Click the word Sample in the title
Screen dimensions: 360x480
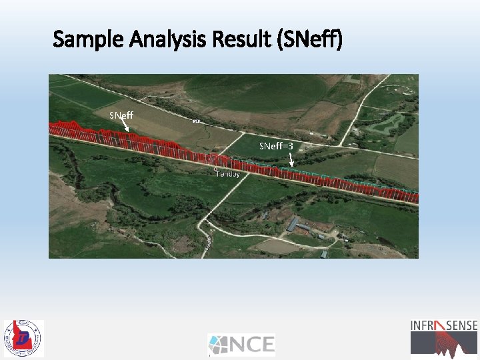pos(84,40)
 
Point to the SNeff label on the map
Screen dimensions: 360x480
pos(121,115)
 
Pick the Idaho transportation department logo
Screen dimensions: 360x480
pos(23,338)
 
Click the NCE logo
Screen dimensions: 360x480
pos(241,344)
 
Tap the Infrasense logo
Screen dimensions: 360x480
pos(444,337)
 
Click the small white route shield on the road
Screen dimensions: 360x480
pos(197,121)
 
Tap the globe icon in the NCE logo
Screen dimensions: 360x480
pos(219,344)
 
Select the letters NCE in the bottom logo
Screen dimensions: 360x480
pos(253,344)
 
